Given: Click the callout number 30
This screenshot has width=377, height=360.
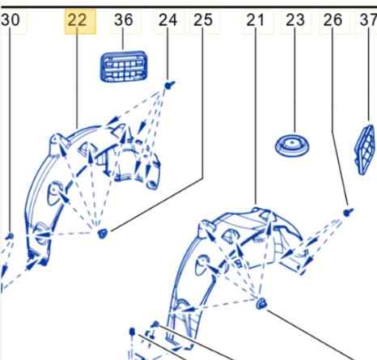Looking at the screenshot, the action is pyautogui.click(x=10, y=20).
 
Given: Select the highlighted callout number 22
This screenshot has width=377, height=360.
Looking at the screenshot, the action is pyautogui.click(x=77, y=20).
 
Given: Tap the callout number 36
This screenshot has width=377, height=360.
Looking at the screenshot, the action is pyautogui.click(x=124, y=20).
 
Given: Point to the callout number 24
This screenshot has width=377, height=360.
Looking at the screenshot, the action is pyautogui.click(x=167, y=20).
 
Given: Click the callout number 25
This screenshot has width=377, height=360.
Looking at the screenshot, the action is pyautogui.click(x=203, y=20).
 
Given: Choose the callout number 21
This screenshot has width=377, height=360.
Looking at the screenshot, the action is pyautogui.click(x=255, y=20).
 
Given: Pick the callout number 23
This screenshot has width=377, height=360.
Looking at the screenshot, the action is pyautogui.click(x=295, y=20).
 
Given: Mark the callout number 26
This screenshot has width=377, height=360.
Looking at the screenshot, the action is pyautogui.click(x=333, y=20).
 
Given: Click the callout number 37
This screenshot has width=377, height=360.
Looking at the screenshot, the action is pyautogui.click(x=369, y=20).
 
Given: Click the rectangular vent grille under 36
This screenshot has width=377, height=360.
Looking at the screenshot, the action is pyautogui.click(x=124, y=66).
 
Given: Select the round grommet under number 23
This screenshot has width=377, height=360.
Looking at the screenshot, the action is pyautogui.click(x=292, y=146).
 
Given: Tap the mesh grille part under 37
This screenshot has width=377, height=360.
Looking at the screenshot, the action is pyautogui.click(x=366, y=150).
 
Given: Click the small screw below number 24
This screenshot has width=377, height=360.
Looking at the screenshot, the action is pyautogui.click(x=169, y=86).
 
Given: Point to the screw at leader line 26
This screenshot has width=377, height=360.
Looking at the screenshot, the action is pyautogui.click(x=348, y=213).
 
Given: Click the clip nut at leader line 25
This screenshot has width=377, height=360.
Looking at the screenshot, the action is pyautogui.click(x=102, y=233).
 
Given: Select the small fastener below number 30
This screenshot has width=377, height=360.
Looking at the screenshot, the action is pyautogui.click(x=10, y=236).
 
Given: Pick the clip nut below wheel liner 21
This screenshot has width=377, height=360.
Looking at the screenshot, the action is pyautogui.click(x=261, y=303).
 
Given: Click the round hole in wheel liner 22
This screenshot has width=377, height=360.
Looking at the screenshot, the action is pyautogui.click(x=55, y=193).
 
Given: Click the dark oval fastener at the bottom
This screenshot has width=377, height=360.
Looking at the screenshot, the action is pyautogui.click(x=132, y=332).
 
